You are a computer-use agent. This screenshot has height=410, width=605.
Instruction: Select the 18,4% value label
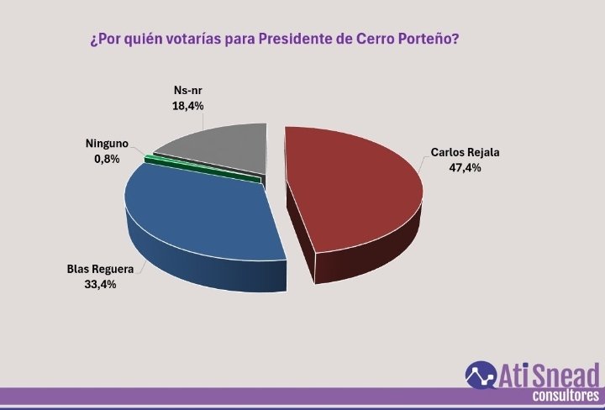point(188,106)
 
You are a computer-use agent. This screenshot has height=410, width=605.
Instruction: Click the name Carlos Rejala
point(460,154)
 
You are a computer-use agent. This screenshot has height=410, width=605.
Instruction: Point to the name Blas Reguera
point(101,271)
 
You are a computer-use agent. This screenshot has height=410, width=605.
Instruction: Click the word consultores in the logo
point(566,396)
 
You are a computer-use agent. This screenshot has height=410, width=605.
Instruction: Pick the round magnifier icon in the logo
point(481,376)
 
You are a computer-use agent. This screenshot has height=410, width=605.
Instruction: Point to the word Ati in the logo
point(515,375)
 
